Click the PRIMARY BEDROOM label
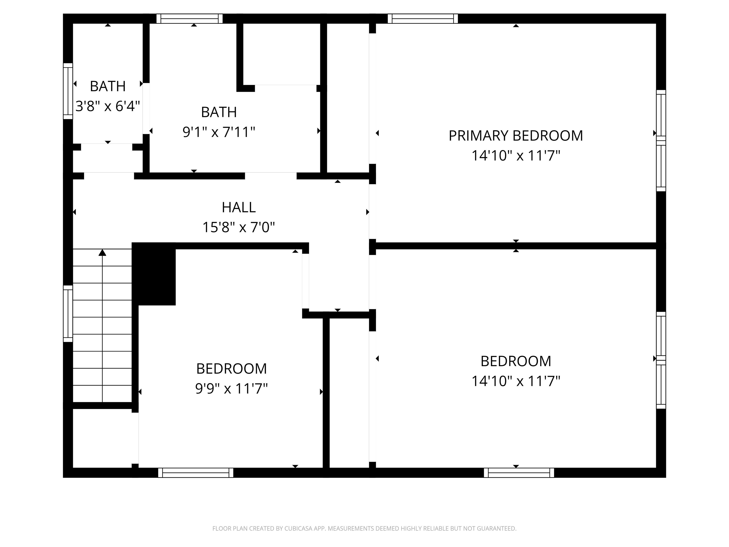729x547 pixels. point(515,136)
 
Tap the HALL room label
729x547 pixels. point(238,207)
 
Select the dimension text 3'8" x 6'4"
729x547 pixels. point(108,106)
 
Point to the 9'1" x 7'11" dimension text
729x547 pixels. point(219,132)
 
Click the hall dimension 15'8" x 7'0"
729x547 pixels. point(238,227)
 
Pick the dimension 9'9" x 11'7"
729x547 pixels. point(231,388)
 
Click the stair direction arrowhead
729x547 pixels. point(103,253)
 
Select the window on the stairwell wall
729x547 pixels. point(68,313)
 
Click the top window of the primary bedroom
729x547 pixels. point(422,19)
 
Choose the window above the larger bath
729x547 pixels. point(190,19)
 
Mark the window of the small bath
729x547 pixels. point(68,91)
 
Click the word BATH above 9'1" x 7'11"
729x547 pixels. point(219,113)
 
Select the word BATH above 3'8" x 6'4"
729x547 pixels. point(108,86)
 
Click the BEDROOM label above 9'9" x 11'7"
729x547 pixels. point(231,369)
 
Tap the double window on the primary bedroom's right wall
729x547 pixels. point(661,141)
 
